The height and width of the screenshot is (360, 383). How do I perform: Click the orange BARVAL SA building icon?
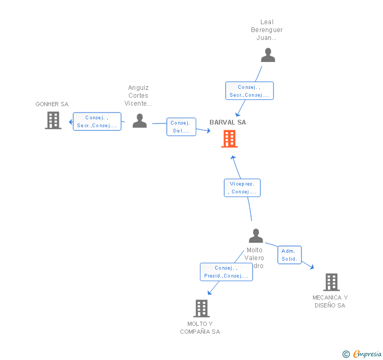[229, 139]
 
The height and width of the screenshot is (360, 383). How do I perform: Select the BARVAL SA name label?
[228, 122]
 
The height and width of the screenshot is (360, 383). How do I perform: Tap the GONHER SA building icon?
[53, 120]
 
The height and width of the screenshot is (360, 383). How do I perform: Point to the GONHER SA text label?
[52, 104]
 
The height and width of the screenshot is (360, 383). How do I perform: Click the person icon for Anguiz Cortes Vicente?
[139, 120]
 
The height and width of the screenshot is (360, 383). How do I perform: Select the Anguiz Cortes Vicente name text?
[138, 96]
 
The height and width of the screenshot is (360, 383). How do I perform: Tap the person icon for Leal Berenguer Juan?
[268, 55]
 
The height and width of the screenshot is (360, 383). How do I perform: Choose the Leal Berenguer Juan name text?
[267, 30]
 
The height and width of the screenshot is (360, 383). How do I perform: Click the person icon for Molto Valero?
[256, 236]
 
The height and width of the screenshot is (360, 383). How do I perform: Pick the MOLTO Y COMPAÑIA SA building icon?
[201, 308]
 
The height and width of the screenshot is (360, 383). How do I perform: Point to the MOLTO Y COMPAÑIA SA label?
[200, 327]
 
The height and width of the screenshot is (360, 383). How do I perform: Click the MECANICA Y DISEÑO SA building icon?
[331, 282]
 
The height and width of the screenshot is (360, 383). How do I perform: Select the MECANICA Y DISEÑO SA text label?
[330, 301]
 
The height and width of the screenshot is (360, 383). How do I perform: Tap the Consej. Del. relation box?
[182, 127]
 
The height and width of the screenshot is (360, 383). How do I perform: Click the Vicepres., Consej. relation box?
[242, 188]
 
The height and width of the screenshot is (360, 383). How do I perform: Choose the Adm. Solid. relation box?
[289, 255]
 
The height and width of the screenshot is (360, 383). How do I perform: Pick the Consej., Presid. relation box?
[226, 272]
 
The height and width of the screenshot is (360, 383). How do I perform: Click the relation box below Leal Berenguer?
[249, 91]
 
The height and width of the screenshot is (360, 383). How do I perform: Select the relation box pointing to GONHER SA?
[97, 121]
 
